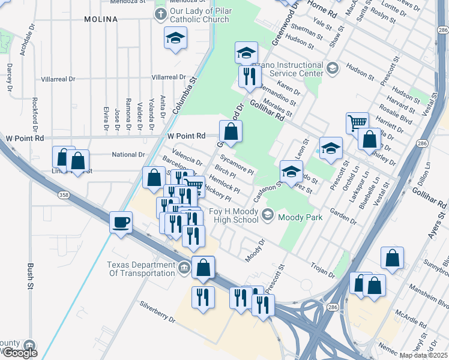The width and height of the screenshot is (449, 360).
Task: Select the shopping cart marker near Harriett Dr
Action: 357,122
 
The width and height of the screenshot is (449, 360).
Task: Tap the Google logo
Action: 19,353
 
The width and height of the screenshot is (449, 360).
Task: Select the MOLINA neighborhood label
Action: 101,19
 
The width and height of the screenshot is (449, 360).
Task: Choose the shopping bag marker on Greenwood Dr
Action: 231,131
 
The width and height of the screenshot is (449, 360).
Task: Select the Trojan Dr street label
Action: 323,269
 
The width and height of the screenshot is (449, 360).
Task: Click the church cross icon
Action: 160,14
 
